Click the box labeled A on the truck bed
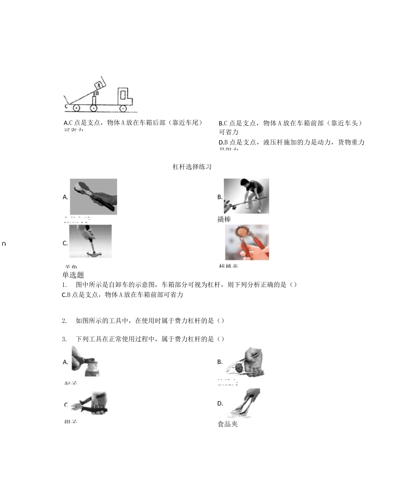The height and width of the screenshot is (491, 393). pyautogui.click(x=98, y=85)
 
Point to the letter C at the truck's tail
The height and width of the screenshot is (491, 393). pyautogui.click(x=66, y=106)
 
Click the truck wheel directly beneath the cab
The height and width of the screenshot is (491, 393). pyautogui.click(x=123, y=108)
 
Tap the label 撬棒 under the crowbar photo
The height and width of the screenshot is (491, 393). pyautogui.click(x=224, y=219)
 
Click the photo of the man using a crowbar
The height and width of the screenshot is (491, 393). pyautogui.click(x=247, y=196)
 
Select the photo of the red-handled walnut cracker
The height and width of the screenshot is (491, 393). pyautogui.click(x=247, y=242)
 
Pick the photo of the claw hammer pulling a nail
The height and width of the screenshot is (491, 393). pyautogui.click(x=91, y=241)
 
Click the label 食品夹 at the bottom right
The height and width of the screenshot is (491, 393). pyautogui.click(x=228, y=424)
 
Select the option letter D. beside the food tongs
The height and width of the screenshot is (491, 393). pyautogui.click(x=220, y=403)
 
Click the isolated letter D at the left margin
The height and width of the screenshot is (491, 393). pyautogui.click(x=4, y=244)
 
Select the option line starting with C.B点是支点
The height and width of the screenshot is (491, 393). pyautogui.click(x=122, y=295)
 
